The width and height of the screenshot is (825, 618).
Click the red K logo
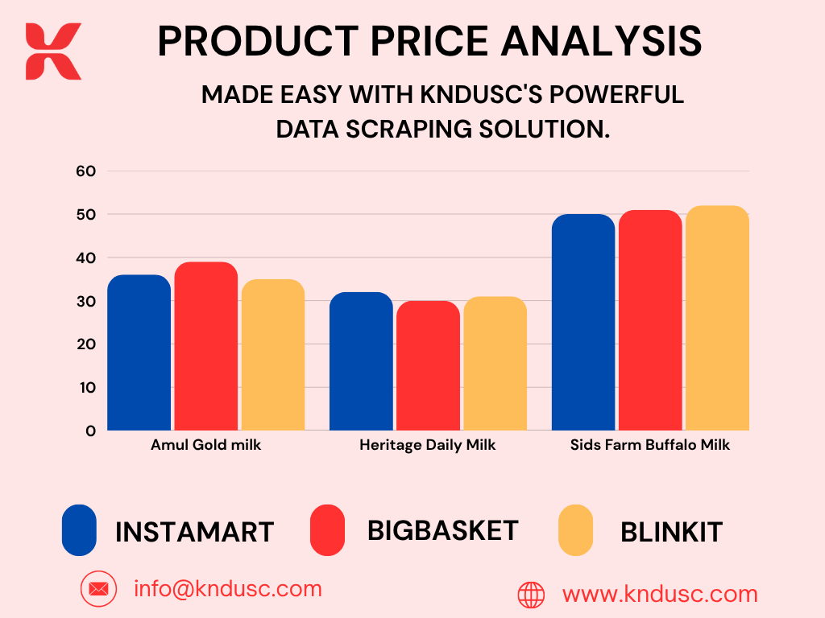pos(53,51)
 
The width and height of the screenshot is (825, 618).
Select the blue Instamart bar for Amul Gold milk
pos(139,352)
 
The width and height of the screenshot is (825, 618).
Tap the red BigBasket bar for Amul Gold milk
pos(206,346)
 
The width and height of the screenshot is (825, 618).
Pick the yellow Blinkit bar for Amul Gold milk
pos(273,355)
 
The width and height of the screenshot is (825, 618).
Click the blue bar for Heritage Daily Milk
pos(362,361)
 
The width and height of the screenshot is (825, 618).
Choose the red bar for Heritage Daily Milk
pos(429,366)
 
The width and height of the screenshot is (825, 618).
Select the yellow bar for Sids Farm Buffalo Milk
pos(718,318)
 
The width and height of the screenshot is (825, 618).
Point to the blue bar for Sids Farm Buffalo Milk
pos(583,322)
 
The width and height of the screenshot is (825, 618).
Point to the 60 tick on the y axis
pos(85,171)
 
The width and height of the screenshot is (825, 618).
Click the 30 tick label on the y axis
pos(85,302)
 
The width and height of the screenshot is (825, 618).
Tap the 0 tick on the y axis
pos(90,431)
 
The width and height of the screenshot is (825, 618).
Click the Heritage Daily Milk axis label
pos(427,445)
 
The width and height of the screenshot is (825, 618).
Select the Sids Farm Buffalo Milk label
pos(650,445)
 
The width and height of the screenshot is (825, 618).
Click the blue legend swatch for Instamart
pos(79,530)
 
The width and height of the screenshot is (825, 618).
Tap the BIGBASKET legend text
pos(443,531)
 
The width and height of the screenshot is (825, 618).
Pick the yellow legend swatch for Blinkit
pos(575,530)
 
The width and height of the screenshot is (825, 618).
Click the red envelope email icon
pos(98,589)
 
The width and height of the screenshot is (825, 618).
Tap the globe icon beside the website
pos(532,595)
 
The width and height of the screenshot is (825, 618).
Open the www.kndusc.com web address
pos(660,595)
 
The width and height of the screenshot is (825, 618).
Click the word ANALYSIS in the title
pos(601,41)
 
